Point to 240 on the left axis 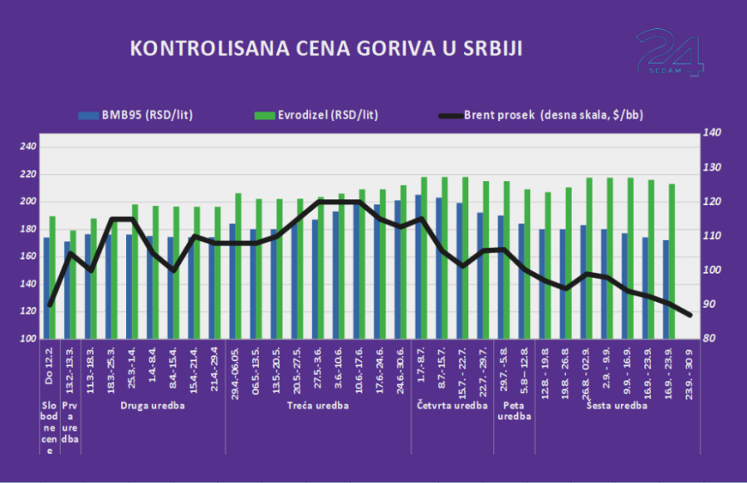point(28,147)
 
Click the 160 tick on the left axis point(28,256)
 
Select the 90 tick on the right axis point(712,305)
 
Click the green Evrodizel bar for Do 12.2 point(52,277)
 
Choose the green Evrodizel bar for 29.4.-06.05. point(238,266)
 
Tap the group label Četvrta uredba point(452,407)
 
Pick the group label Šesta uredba point(616,407)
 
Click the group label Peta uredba point(514,412)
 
